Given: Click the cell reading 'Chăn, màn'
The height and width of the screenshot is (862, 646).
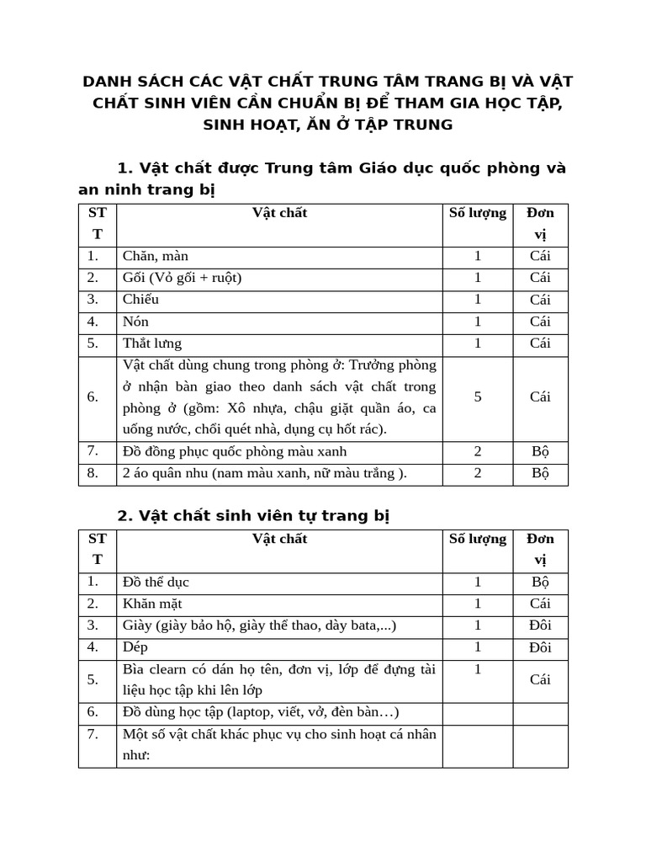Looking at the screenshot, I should pyautogui.click(x=156, y=256).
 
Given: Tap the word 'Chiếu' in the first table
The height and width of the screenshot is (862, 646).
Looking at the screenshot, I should pyautogui.click(x=140, y=300).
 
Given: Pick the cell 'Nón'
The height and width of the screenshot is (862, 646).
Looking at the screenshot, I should pyautogui.click(x=135, y=322).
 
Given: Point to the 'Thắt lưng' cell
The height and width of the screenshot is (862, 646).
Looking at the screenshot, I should pyautogui.click(x=151, y=343).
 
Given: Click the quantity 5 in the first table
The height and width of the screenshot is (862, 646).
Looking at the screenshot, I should pyautogui.click(x=478, y=397).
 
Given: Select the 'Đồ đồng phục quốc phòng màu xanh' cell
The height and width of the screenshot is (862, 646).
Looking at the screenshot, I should pyautogui.click(x=235, y=452).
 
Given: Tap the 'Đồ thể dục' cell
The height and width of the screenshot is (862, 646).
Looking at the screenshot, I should pyautogui.click(x=156, y=582).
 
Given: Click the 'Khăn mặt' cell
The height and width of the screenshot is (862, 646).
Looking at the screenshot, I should pyautogui.click(x=152, y=604).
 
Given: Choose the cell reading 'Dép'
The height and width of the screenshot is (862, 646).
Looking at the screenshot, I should pyautogui.click(x=135, y=647).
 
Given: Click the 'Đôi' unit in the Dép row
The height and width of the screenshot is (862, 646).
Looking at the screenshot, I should pyautogui.click(x=540, y=647).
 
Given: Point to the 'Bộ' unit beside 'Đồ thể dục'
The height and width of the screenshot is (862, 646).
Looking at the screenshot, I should pyautogui.click(x=540, y=582).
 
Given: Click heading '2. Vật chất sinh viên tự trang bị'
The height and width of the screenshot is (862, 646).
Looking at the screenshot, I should pyautogui.click(x=253, y=515).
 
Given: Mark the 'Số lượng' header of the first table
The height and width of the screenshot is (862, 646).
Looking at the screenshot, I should pyautogui.click(x=478, y=213).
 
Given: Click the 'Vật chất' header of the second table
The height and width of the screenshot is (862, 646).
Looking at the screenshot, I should pyautogui.click(x=280, y=539).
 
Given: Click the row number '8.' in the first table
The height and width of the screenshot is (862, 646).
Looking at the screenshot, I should pyautogui.click(x=93, y=474).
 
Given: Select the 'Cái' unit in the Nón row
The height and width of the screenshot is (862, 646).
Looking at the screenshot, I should pyautogui.click(x=540, y=322).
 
